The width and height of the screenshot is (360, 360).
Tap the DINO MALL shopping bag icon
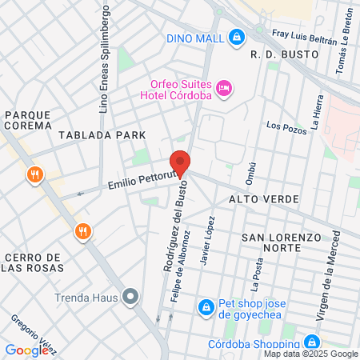236,38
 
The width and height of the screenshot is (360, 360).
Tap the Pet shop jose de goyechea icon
206,306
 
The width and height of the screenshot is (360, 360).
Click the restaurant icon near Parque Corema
34,175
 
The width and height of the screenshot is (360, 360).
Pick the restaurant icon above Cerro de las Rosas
83,232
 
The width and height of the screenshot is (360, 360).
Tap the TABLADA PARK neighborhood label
107,135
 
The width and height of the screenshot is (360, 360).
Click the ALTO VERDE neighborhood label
264,198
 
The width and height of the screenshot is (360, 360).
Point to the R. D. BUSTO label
284,54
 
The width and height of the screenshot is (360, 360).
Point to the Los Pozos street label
286,126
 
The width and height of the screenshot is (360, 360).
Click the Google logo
26,350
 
